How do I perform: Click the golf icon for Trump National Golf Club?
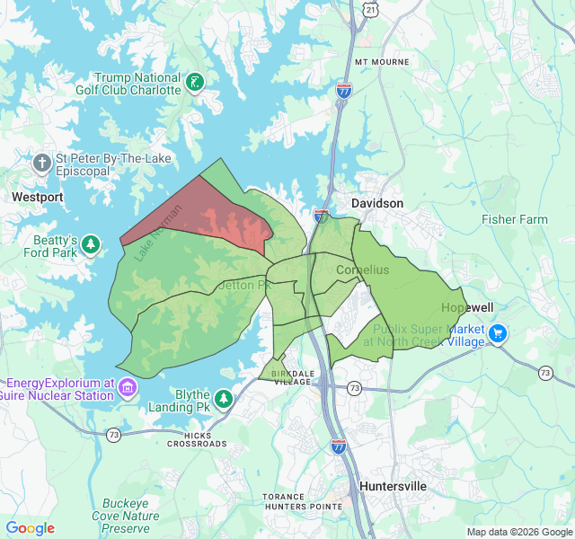pos(195,84)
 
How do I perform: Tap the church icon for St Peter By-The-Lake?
pos(41,163)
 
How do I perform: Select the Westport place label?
pos(38,196)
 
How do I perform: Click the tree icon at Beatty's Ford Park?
pos(91,244)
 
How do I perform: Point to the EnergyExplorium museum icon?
pos(128,388)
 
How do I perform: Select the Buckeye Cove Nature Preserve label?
pos(130,516)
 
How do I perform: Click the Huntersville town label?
pos(393,486)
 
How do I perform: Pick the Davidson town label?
pos(377,204)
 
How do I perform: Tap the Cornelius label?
pos(362,269)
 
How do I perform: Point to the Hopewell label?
pos(467,307)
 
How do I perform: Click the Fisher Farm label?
pos(514,219)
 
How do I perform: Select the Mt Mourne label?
pos(382,62)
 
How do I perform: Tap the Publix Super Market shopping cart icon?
pos(498,335)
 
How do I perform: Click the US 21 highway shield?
pos(371,8)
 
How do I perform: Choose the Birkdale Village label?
pos(291,376)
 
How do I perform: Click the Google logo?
pos(31,528)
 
